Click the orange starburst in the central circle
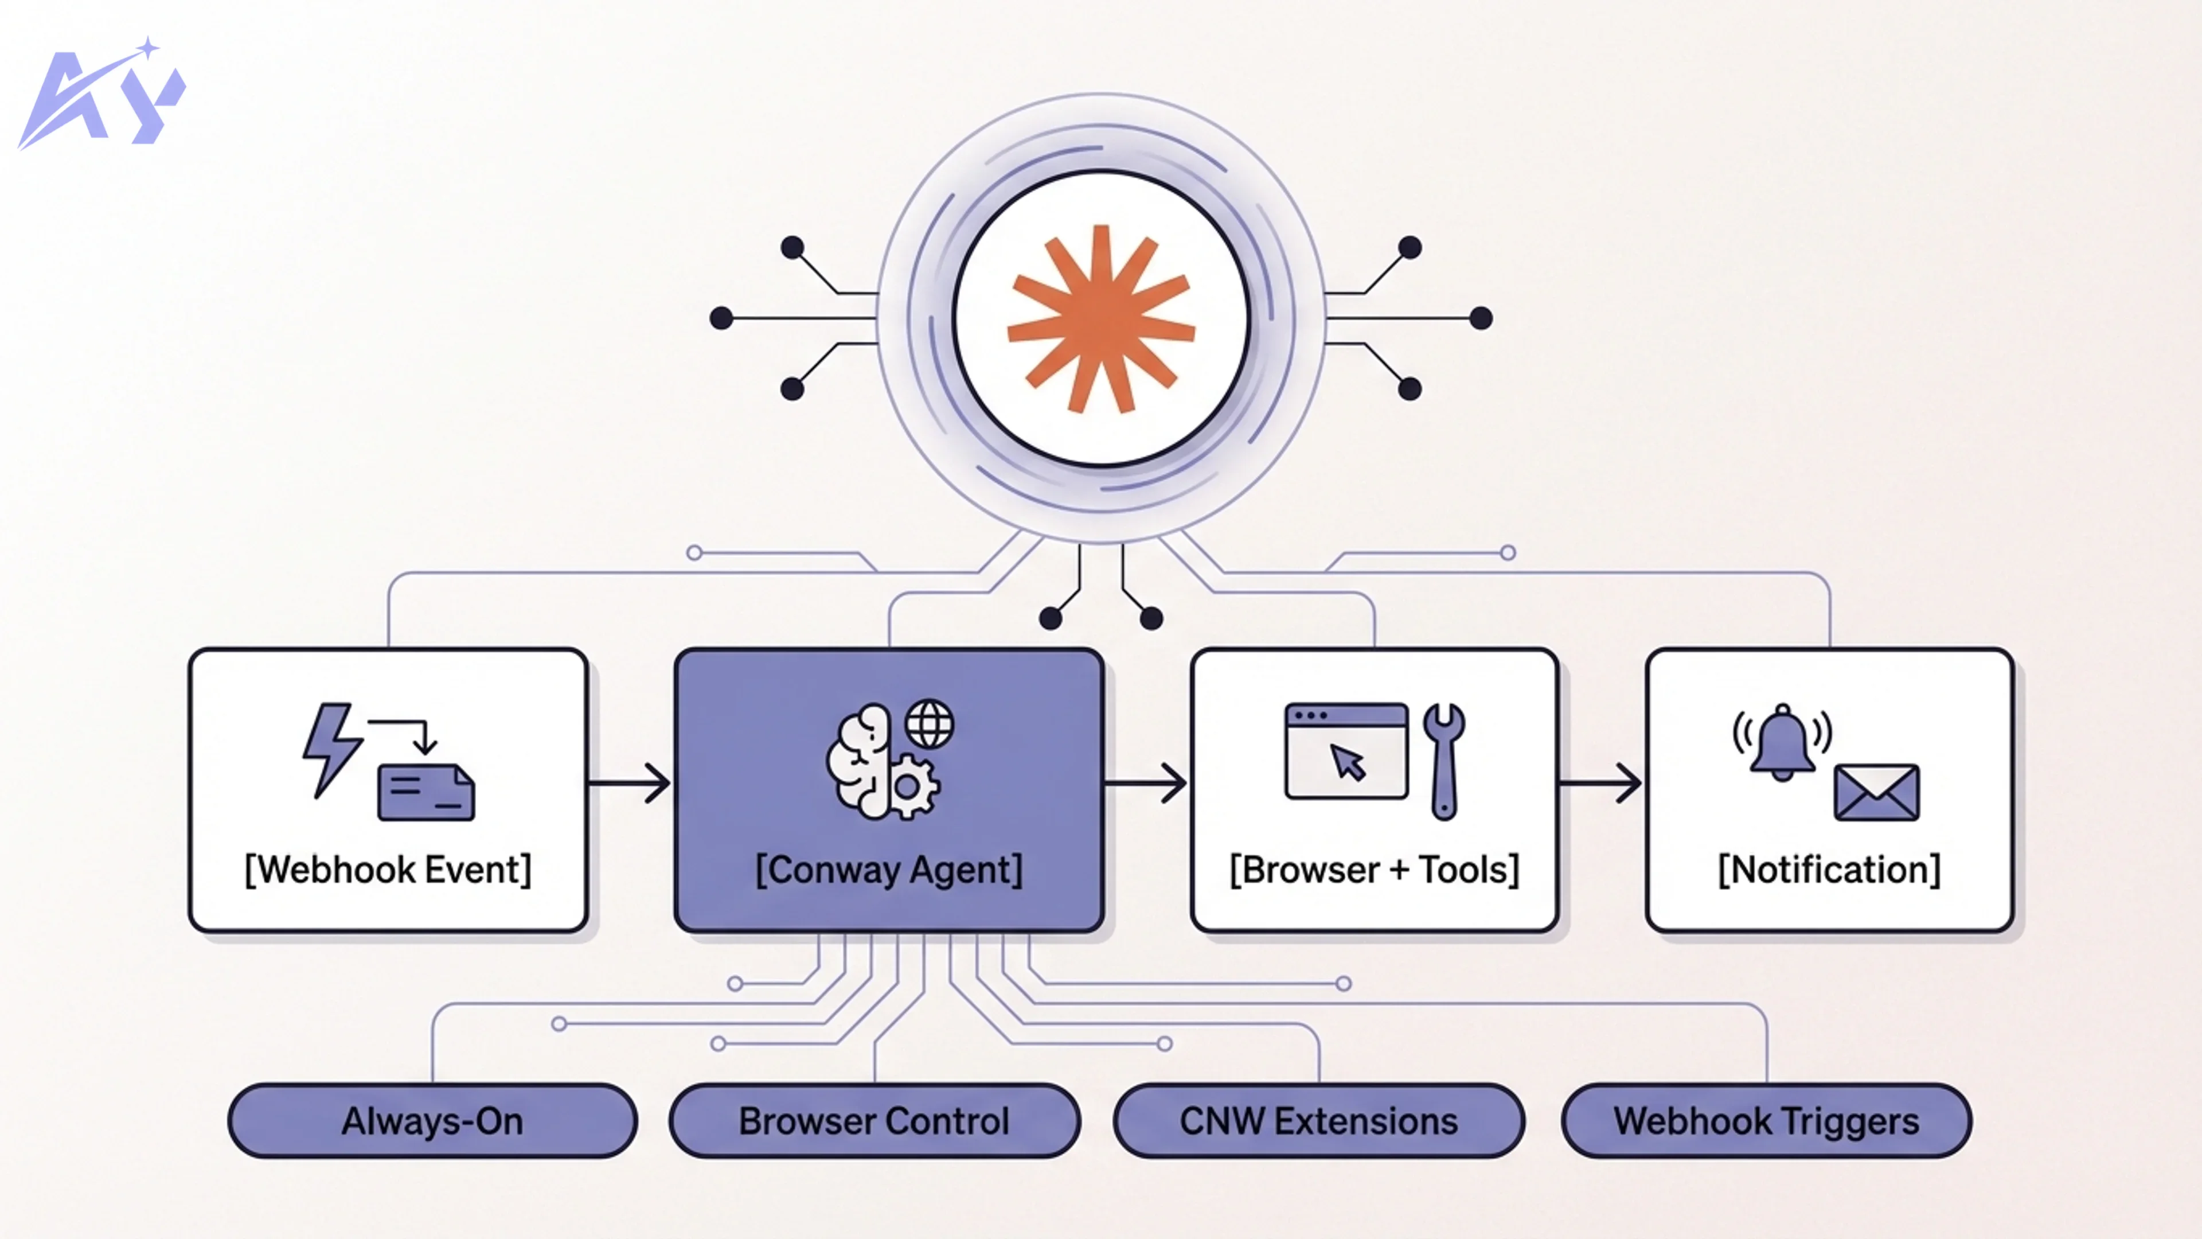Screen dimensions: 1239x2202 tap(1101, 319)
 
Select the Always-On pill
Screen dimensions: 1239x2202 tap(432, 1121)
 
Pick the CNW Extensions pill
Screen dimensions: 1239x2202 tap(1319, 1121)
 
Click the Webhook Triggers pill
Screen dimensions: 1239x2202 tap(1766, 1121)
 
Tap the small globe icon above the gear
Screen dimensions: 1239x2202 tap(930, 724)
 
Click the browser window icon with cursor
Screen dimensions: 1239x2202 tap(1346, 751)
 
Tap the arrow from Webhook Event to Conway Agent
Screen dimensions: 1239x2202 tap(630, 782)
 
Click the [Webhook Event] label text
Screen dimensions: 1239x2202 tap(388, 870)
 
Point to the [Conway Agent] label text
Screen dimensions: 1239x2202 tap(889, 870)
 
